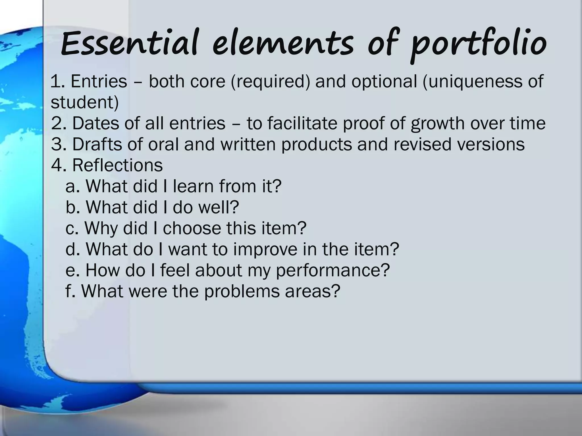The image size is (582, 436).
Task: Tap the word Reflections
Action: pos(117,165)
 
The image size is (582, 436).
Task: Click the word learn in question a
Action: pos(193,186)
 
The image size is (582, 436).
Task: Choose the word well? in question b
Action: pos(219,207)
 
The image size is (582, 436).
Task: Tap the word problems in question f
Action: pos(242,291)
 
